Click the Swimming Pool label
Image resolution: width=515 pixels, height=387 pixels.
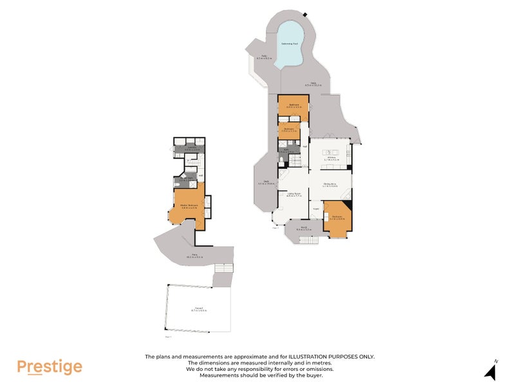coord(290,44)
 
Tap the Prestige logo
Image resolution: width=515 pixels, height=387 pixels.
coord(50,367)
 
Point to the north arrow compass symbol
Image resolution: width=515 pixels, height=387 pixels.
coord(492,371)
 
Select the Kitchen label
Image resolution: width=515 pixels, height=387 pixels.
coord(332,157)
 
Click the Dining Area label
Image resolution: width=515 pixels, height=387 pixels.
coord(331,185)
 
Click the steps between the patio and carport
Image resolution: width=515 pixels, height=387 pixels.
coord(223,279)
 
